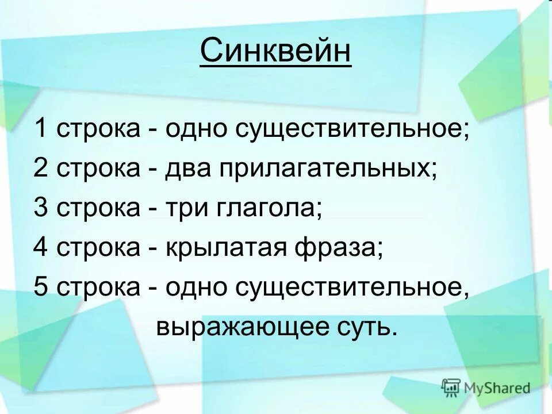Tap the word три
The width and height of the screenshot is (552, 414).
click(x=187, y=208)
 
